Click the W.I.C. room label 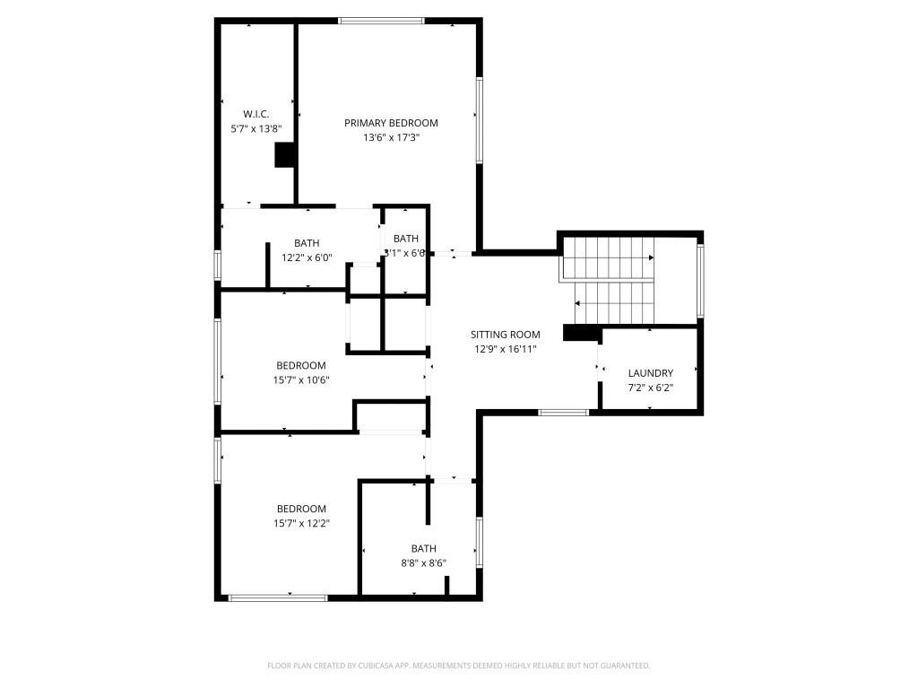click(255, 114)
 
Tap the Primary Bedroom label click(391, 123)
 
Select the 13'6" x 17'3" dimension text click(391, 138)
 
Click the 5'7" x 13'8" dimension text click(255, 129)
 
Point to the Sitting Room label click(506, 335)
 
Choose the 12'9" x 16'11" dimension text click(506, 349)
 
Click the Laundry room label click(650, 373)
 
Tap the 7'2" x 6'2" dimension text click(650, 388)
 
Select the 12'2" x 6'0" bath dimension click(307, 257)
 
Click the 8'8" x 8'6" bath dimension click(423, 563)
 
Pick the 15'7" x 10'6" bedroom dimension click(300, 380)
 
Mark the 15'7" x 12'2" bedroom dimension click(300, 524)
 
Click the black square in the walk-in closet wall click(285, 155)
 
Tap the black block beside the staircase click(581, 333)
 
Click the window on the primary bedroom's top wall click(381, 21)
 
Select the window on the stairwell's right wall click(700, 280)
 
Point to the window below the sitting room click(563, 413)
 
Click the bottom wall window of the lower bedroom click(278, 597)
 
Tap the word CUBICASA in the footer click(371, 666)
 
